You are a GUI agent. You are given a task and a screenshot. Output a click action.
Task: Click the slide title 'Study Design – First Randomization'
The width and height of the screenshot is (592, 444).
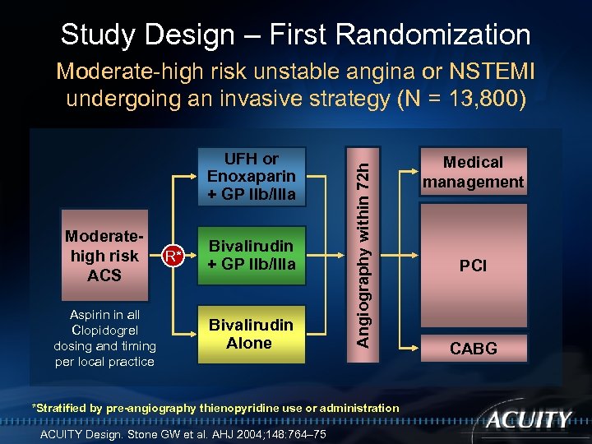coord(295,35)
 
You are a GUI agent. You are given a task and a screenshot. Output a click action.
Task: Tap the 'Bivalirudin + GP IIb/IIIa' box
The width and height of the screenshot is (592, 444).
coord(251,255)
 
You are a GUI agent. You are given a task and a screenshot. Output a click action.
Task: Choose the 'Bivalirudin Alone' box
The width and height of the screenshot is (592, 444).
coord(251,334)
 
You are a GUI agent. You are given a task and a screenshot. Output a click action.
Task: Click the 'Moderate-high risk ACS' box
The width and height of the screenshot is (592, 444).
coord(104,256)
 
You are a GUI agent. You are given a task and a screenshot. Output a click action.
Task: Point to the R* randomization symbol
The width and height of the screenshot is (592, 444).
coord(170,256)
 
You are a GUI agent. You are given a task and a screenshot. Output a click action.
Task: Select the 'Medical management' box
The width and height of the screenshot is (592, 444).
coord(473,173)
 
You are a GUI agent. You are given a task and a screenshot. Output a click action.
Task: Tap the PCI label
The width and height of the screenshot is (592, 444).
coord(473,266)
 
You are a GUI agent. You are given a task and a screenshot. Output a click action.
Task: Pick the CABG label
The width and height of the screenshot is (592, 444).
coord(473,349)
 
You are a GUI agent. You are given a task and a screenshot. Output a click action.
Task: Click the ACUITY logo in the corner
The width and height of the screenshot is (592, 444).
coord(528,421)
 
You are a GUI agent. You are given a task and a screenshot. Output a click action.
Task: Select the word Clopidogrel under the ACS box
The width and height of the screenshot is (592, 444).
coord(104,331)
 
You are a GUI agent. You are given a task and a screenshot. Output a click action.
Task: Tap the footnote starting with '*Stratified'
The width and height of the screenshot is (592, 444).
coord(215,408)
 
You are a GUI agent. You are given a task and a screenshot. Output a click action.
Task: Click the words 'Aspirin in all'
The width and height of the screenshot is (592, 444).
coord(104,315)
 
